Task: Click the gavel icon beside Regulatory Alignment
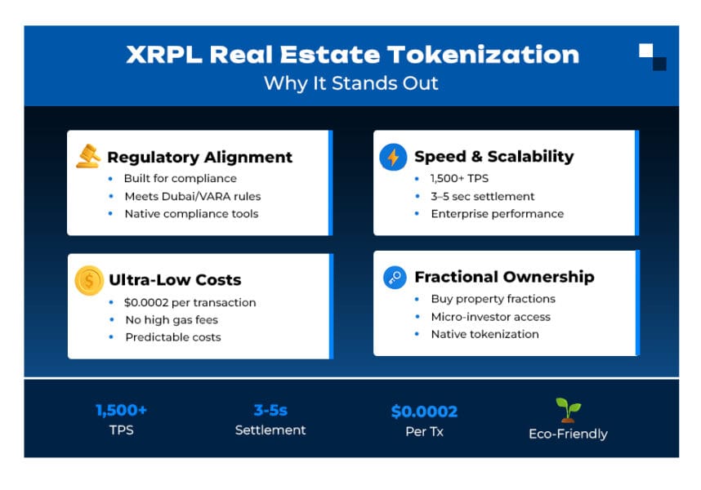pos(87,156)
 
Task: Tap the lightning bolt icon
pos(393,157)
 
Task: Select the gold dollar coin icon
pos(88,280)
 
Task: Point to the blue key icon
pos(394,278)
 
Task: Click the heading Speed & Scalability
pos(493,157)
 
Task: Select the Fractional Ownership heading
pos(504,277)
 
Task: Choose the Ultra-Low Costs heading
pos(175,280)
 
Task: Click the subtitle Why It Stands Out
pos(350,83)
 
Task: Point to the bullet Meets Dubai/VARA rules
pos(193,196)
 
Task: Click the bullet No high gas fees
pos(172,319)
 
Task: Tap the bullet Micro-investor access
pos(490,316)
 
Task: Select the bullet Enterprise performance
pos(497,214)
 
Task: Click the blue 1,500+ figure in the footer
pos(122,411)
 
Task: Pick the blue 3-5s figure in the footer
pos(270,411)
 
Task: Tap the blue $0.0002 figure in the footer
pos(424,412)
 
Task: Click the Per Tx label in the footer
pos(424,431)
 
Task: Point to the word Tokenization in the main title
pos(483,55)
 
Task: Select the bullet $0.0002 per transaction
pos(190,302)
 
